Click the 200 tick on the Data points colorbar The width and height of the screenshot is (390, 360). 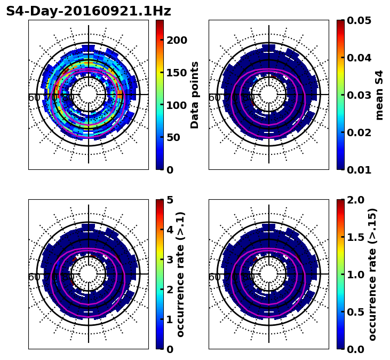click(177, 40)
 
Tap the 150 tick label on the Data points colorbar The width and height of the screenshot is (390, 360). click(177, 73)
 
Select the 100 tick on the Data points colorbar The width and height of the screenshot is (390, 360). click(177, 105)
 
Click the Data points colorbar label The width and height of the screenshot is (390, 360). click(195, 95)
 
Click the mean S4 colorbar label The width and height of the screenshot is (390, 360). click(379, 95)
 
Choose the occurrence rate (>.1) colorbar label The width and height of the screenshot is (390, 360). click(181, 274)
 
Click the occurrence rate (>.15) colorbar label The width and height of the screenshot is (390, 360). click(372, 274)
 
